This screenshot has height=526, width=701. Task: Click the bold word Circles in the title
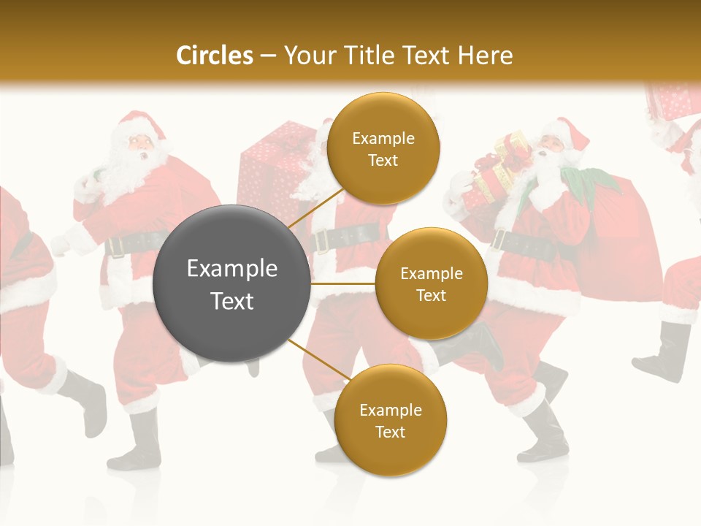215,56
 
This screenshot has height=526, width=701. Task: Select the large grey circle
232,283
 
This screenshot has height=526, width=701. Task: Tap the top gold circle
383,149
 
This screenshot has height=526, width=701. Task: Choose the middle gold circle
431,283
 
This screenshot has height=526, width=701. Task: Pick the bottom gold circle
390,421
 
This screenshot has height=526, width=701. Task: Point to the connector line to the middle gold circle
343,283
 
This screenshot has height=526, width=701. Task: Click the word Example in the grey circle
232,269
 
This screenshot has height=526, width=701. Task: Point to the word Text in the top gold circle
383,161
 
